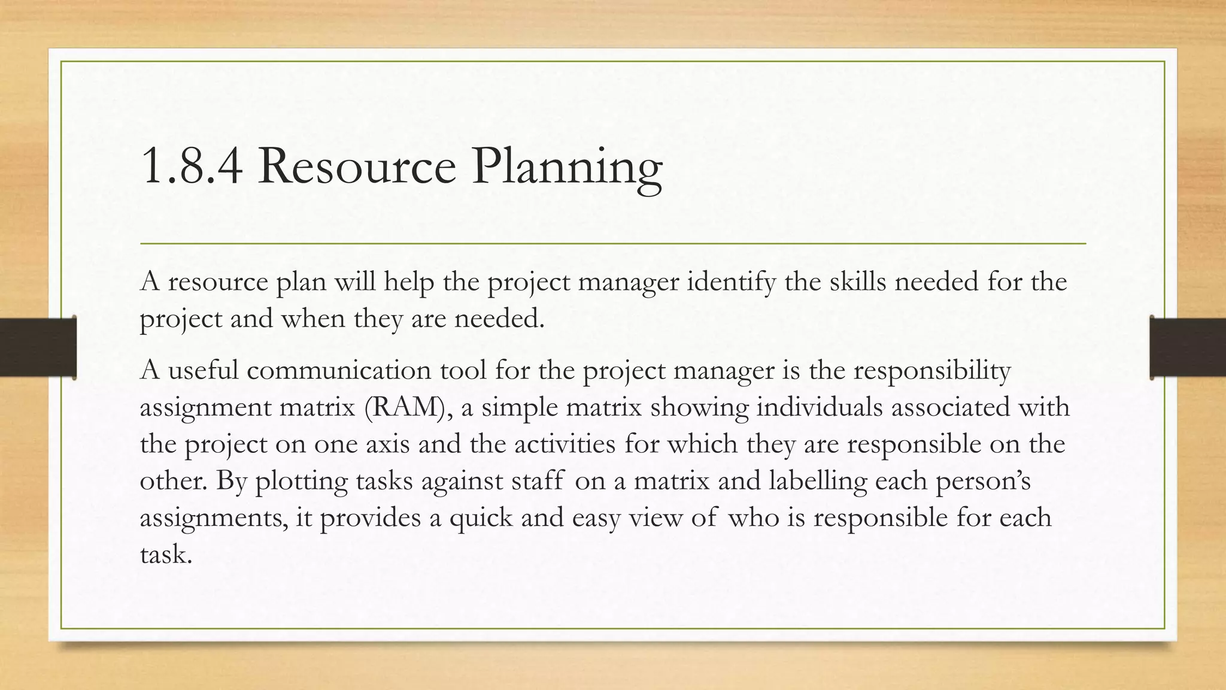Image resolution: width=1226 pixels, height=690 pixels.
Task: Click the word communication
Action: tap(339, 370)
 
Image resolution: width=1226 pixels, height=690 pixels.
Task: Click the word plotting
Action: tap(301, 482)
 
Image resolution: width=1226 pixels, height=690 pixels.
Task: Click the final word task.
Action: tap(166, 554)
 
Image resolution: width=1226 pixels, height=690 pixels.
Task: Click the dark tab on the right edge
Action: tap(1188, 347)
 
